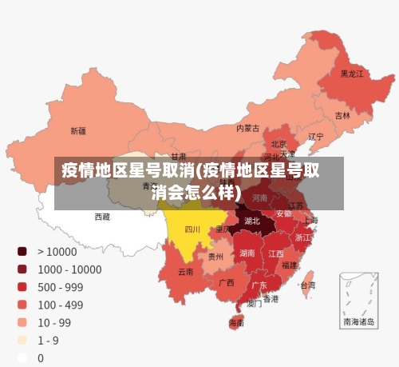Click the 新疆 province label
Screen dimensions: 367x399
78,131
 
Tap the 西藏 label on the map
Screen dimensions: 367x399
102,217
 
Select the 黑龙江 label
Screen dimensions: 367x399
352,74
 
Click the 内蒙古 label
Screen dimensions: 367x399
247,128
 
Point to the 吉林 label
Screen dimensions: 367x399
342,115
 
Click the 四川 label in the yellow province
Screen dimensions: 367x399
192,229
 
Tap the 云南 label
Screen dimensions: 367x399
185,272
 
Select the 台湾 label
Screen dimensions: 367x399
306,285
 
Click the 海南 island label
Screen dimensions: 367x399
237,323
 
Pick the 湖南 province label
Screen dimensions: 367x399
247,253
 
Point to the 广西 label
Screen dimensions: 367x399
227,282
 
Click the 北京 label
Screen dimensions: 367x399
279,144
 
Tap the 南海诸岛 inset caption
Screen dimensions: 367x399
358,322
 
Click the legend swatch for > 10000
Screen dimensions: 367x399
22,251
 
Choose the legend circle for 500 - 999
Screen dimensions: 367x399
22,287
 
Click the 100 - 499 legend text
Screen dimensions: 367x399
60,305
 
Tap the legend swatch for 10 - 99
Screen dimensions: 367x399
22,322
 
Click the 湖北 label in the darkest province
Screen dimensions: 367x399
252,221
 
